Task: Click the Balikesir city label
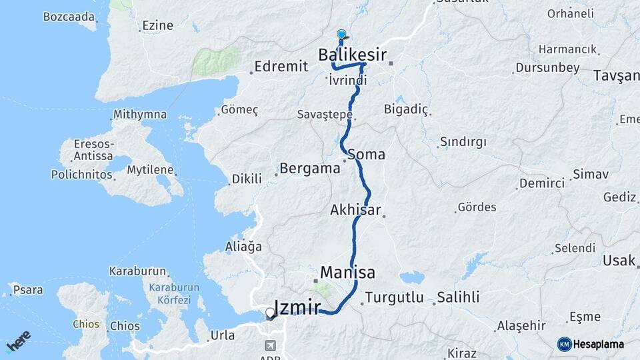(x=352, y=53)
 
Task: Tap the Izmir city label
(x=297, y=307)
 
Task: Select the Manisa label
(x=347, y=272)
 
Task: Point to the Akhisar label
(x=355, y=210)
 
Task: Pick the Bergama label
(x=310, y=168)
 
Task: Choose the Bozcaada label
(x=69, y=17)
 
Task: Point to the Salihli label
(x=458, y=297)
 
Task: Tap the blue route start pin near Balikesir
(x=342, y=34)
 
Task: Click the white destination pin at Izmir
(x=270, y=312)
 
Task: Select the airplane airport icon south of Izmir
(x=270, y=345)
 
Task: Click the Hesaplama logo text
(x=598, y=344)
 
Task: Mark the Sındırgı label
(x=463, y=142)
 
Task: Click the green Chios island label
(x=86, y=325)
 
